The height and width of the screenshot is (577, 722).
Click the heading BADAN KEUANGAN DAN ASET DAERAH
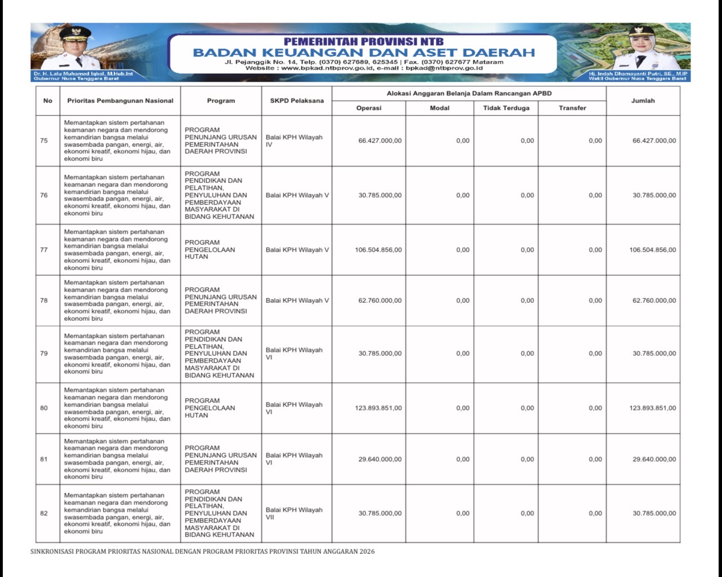point(363,53)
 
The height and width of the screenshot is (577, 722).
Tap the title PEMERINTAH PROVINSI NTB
point(363,41)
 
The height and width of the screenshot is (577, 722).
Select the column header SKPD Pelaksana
point(296,101)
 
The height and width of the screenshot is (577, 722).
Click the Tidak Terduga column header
point(506,108)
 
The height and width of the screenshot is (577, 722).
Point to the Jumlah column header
point(643,101)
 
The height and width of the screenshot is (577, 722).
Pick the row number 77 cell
point(44,250)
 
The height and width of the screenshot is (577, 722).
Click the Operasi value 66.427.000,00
point(380,141)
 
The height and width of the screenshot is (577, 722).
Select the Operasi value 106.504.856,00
point(378,250)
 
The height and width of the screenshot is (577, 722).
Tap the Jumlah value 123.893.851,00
point(652,408)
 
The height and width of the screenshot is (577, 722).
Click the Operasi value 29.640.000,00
point(380,459)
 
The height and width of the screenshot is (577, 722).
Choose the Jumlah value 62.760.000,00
point(654,301)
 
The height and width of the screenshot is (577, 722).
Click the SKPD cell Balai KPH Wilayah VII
point(294,513)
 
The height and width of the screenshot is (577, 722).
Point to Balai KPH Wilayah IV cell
point(294,141)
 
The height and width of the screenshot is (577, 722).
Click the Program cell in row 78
point(220,301)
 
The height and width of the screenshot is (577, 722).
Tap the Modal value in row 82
point(462,513)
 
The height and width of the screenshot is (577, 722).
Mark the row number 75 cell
point(44,141)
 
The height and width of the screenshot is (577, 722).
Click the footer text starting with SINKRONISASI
point(202,552)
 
